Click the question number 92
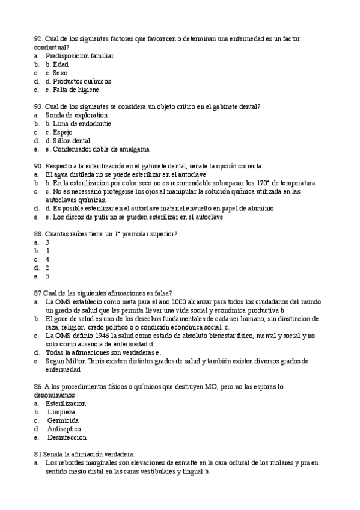pos(38,38)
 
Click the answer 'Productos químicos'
pos(82,81)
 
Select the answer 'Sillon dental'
pos(72,141)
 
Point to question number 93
pos(38,106)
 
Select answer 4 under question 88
pos(47,259)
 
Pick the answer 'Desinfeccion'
pos(67,438)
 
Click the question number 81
pos(38,454)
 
